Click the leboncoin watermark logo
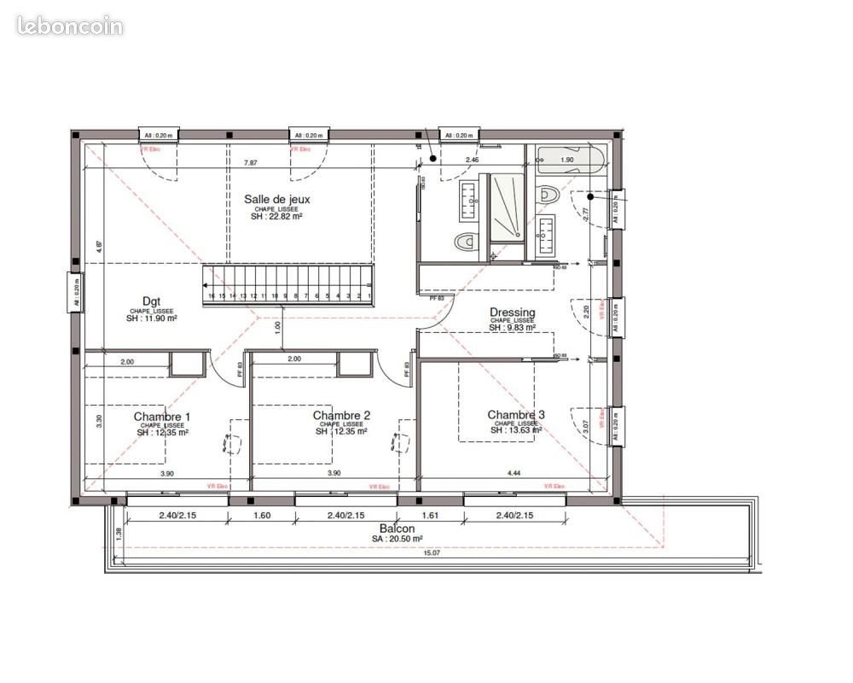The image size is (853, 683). point(70,26)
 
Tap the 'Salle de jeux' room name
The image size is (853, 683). point(277,199)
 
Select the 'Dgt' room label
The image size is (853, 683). point(151,301)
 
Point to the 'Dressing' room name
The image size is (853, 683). point(512,312)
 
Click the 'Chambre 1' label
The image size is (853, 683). point(162,417)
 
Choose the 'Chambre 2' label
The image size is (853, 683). point(341,416)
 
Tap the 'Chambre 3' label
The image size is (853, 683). point(516,415)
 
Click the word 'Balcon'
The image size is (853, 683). point(397,528)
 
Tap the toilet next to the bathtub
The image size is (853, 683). point(548,193)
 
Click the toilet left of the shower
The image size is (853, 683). point(465,242)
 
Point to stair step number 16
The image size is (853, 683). point(211,296)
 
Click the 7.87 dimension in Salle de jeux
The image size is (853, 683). point(251,162)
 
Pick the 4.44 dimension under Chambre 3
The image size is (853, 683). point(514,472)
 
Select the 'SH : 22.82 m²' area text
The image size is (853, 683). point(277,217)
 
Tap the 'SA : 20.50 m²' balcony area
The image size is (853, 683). point(397,539)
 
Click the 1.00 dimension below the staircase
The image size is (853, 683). point(276,325)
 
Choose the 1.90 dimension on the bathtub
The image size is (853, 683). point(567,159)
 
